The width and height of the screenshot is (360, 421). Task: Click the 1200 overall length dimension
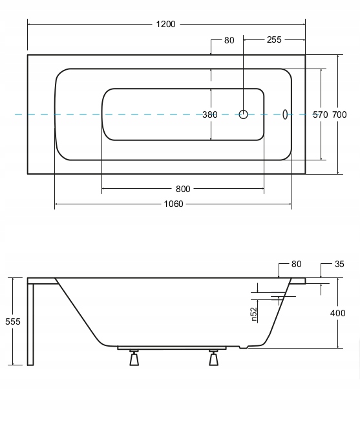point(166,24)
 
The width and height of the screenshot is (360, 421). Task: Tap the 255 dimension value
point(274,39)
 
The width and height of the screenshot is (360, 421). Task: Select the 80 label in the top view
point(229,40)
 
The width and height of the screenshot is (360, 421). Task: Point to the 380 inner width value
point(210,114)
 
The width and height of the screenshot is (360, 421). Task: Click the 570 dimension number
point(321,114)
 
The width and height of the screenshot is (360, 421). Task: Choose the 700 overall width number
point(339,114)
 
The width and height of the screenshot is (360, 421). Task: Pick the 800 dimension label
point(183,189)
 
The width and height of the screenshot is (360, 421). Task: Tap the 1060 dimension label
point(174,204)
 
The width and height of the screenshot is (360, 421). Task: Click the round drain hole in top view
point(243,114)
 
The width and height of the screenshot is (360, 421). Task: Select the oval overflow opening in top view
point(285,114)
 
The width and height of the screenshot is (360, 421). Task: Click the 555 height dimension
point(13,321)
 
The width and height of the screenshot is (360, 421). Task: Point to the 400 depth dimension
point(338,313)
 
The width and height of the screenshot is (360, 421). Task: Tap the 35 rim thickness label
point(339,264)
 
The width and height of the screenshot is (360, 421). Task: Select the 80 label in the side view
point(297,264)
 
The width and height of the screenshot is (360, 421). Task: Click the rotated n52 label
point(254,314)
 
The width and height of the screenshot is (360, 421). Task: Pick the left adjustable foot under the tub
point(134,358)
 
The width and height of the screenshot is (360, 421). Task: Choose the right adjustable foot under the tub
point(213,358)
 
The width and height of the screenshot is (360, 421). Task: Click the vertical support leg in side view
point(30,325)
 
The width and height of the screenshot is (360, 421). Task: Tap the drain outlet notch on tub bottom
point(244,347)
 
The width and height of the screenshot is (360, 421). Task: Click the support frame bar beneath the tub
point(172,348)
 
